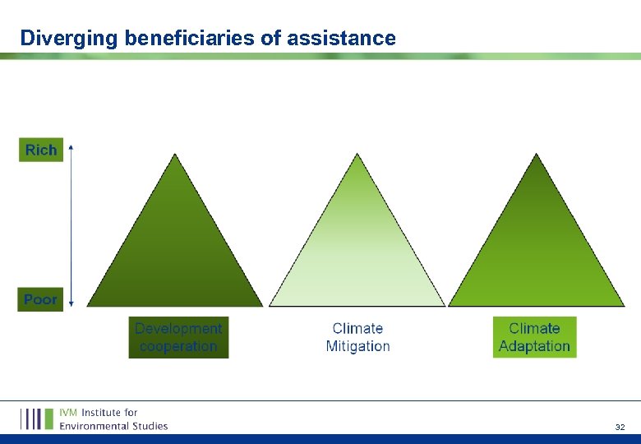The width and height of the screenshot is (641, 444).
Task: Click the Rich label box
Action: pos(41,150)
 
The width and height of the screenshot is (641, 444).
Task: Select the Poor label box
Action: pos(40,299)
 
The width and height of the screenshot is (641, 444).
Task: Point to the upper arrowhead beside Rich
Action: pos(71,147)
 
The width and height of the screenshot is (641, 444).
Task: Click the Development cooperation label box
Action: pos(178,337)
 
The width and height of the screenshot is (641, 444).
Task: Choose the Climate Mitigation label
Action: pos(357,337)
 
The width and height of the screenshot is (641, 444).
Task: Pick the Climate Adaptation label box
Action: pos(534,337)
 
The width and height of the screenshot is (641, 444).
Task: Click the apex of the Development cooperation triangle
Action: pos(174,155)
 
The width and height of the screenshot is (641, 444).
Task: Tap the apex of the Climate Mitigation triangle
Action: pos(357,155)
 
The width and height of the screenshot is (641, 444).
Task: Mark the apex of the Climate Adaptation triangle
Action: pos(536,155)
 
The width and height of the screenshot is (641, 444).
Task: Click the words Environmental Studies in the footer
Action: pos(113,426)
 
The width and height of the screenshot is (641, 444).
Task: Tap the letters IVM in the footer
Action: pos(68,413)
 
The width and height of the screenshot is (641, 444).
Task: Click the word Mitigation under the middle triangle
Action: pos(357,346)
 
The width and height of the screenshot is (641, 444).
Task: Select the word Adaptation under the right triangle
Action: pos(534,346)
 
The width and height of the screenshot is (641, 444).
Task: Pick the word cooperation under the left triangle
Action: pos(178,346)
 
